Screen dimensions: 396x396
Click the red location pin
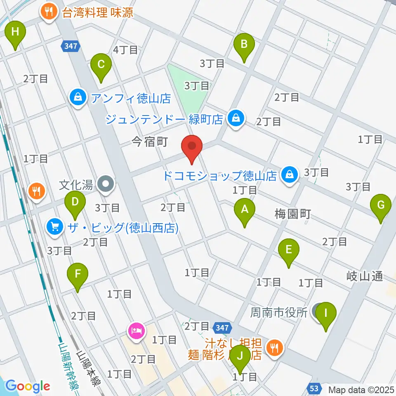[x=192, y=148]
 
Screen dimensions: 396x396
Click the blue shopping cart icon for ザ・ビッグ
[x=54, y=226]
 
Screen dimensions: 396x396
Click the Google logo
[x=28, y=386]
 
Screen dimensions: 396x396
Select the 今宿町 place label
[x=149, y=142]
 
